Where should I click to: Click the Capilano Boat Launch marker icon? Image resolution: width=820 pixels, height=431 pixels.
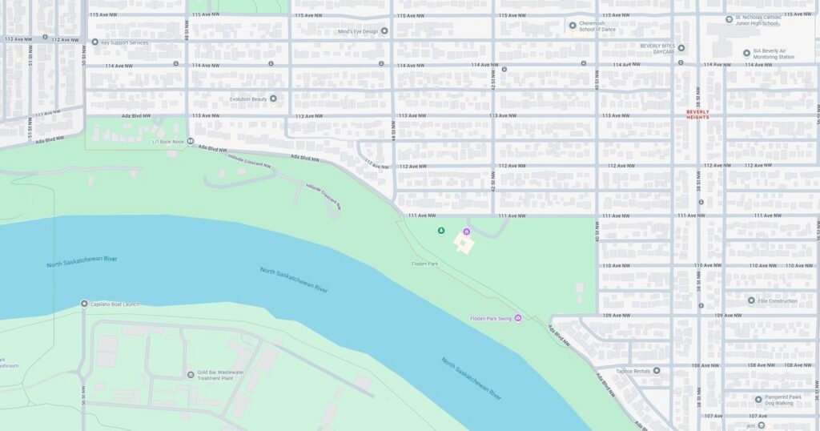[84, 304]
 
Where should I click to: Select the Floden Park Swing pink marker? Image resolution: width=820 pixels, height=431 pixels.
[517, 318]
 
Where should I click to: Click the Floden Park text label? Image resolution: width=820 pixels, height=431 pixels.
[425, 264]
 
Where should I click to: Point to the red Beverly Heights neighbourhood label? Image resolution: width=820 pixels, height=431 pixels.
[697, 115]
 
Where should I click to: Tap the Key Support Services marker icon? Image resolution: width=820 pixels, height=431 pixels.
[94, 42]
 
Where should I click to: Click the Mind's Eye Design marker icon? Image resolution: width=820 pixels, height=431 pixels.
[384, 31]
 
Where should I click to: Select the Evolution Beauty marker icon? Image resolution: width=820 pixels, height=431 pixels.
[273, 99]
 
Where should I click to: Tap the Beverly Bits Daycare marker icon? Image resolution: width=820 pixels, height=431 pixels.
[681, 47]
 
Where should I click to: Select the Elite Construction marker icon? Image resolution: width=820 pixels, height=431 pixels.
[751, 300]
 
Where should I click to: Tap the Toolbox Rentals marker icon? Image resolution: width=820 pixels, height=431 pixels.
[657, 370]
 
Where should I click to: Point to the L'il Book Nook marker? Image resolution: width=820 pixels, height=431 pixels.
[191, 141]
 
